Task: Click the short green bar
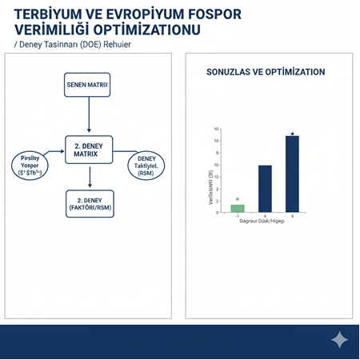pos(238,208)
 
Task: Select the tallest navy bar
pos(292,174)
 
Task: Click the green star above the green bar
pos(238,198)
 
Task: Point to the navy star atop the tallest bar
pos(293,134)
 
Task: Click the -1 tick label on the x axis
pos(237,216)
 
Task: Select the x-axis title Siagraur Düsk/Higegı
pos(262,222)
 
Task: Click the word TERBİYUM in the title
pos(50,15)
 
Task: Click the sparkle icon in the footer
pos(339,341)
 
